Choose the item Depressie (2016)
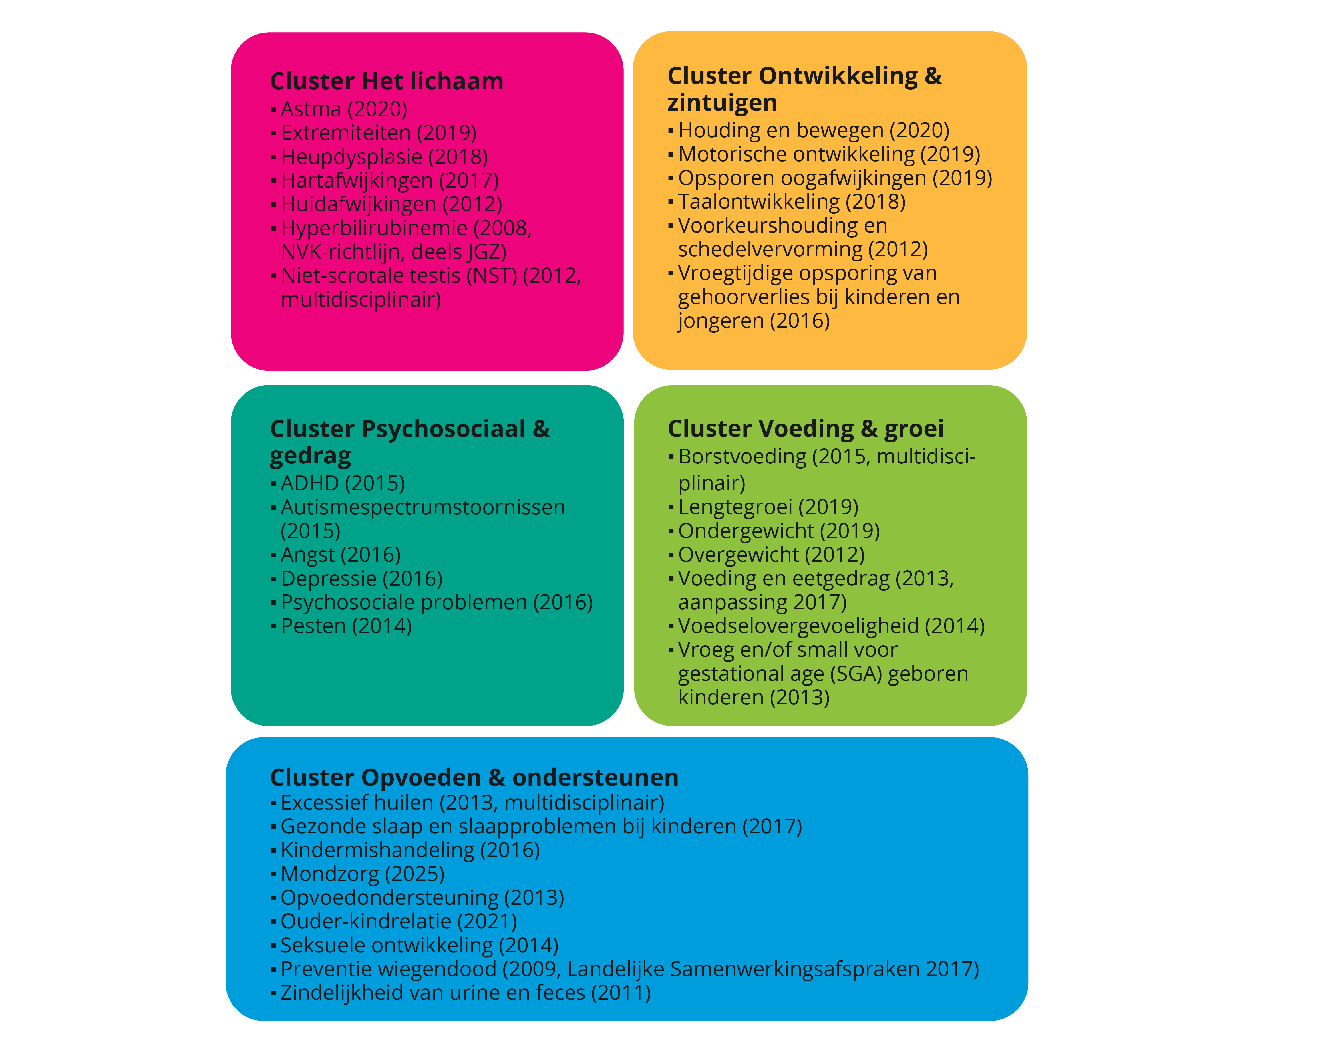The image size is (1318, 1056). (361, 579)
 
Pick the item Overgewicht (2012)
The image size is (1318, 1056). (772, 555)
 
